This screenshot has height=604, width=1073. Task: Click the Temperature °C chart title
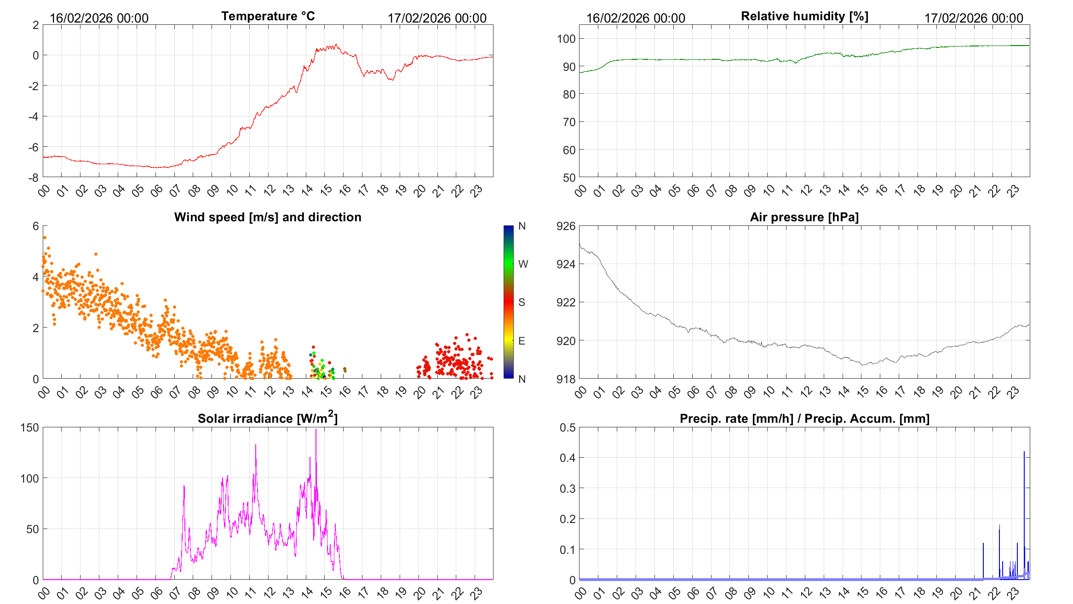(268, 17)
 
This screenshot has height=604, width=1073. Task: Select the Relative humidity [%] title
(804, 17)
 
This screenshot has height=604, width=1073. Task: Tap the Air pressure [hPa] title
(804, 217)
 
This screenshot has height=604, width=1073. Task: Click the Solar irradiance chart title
(268, 418)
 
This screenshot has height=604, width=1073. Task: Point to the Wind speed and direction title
(268, 217)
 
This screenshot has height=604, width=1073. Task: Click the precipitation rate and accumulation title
(804, 419)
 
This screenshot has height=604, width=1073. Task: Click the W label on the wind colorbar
(523, 264)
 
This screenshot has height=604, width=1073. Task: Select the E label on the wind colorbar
(522, 341)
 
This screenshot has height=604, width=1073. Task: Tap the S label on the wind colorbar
(522, 302)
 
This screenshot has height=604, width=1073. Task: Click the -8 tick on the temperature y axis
(34, 178)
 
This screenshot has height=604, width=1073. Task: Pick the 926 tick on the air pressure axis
(566, 226)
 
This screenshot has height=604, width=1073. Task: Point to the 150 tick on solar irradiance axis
(29, 427)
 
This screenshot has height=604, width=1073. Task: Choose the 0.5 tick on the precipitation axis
(567, 427)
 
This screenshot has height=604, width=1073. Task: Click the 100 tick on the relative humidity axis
(566, 39)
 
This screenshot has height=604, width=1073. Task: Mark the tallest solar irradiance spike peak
(316, 430)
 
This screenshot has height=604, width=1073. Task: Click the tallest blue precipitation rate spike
(1024, 452)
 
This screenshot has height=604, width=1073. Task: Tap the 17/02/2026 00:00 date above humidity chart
(974, 18)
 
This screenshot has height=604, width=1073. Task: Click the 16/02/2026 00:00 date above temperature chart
(99, 18)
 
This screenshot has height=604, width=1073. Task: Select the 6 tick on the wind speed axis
(36, 226)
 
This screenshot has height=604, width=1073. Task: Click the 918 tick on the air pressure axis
(566, 379)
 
